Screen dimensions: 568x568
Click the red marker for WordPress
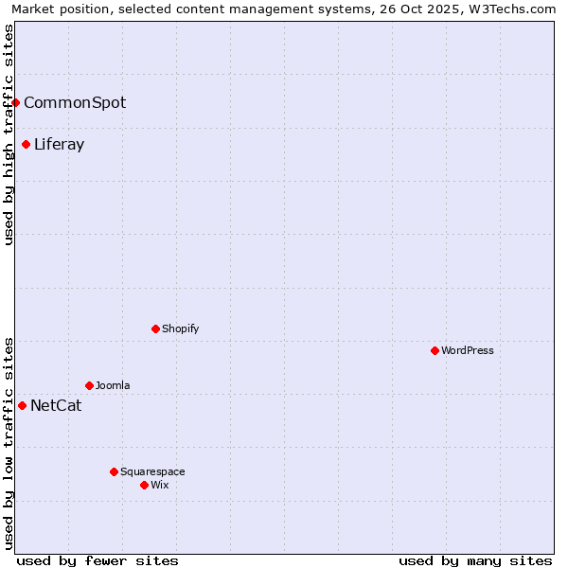point(435,350)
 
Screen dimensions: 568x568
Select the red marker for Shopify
point(155,328)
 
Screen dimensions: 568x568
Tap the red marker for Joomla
point(89,385)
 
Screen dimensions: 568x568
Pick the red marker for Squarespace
point(114,471)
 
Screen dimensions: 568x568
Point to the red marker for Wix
point(144,485)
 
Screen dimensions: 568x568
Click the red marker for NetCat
point(22,405)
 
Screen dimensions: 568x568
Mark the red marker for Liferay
point(26,144)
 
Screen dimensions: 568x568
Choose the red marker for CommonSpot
point(16,102)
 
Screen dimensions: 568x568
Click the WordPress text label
point(468,350)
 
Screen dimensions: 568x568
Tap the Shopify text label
point(180,328)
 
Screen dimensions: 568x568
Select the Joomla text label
point(113,385)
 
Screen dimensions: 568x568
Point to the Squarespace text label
point(152,471)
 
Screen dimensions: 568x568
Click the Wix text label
point(159,485)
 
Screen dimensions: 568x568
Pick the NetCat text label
point(56,406)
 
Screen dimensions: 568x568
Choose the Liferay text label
point(59,145)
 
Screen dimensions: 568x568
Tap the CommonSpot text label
point(75,102)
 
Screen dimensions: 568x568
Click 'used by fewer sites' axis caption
point(98,560)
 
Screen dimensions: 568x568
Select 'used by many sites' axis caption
point(475,560)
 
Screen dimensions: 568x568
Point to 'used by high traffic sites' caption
point(9,134)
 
